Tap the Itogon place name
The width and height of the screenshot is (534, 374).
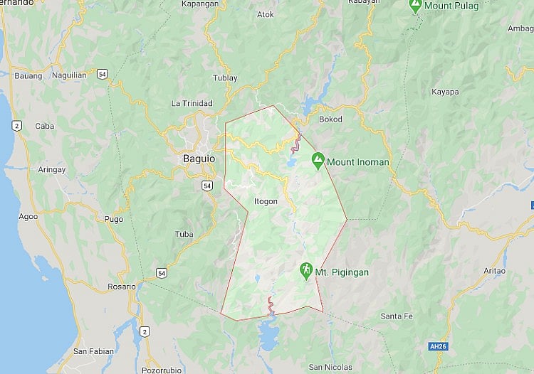266,201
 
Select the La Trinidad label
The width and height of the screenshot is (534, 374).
192,103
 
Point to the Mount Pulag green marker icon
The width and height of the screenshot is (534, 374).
414,6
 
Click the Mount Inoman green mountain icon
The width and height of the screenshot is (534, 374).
317,161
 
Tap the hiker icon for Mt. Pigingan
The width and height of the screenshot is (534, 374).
305,271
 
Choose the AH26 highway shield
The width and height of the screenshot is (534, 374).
439,346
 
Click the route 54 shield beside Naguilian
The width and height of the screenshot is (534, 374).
103,74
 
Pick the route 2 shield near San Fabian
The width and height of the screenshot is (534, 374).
145,331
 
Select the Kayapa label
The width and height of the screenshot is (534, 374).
445,92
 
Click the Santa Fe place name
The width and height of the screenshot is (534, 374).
397,316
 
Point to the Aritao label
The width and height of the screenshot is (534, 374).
494,271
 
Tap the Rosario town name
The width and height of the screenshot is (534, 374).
121,286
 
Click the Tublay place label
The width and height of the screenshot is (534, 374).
224,78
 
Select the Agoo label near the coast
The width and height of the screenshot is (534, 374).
28,216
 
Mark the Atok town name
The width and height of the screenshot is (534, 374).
265,14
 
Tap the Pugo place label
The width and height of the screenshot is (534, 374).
113,219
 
